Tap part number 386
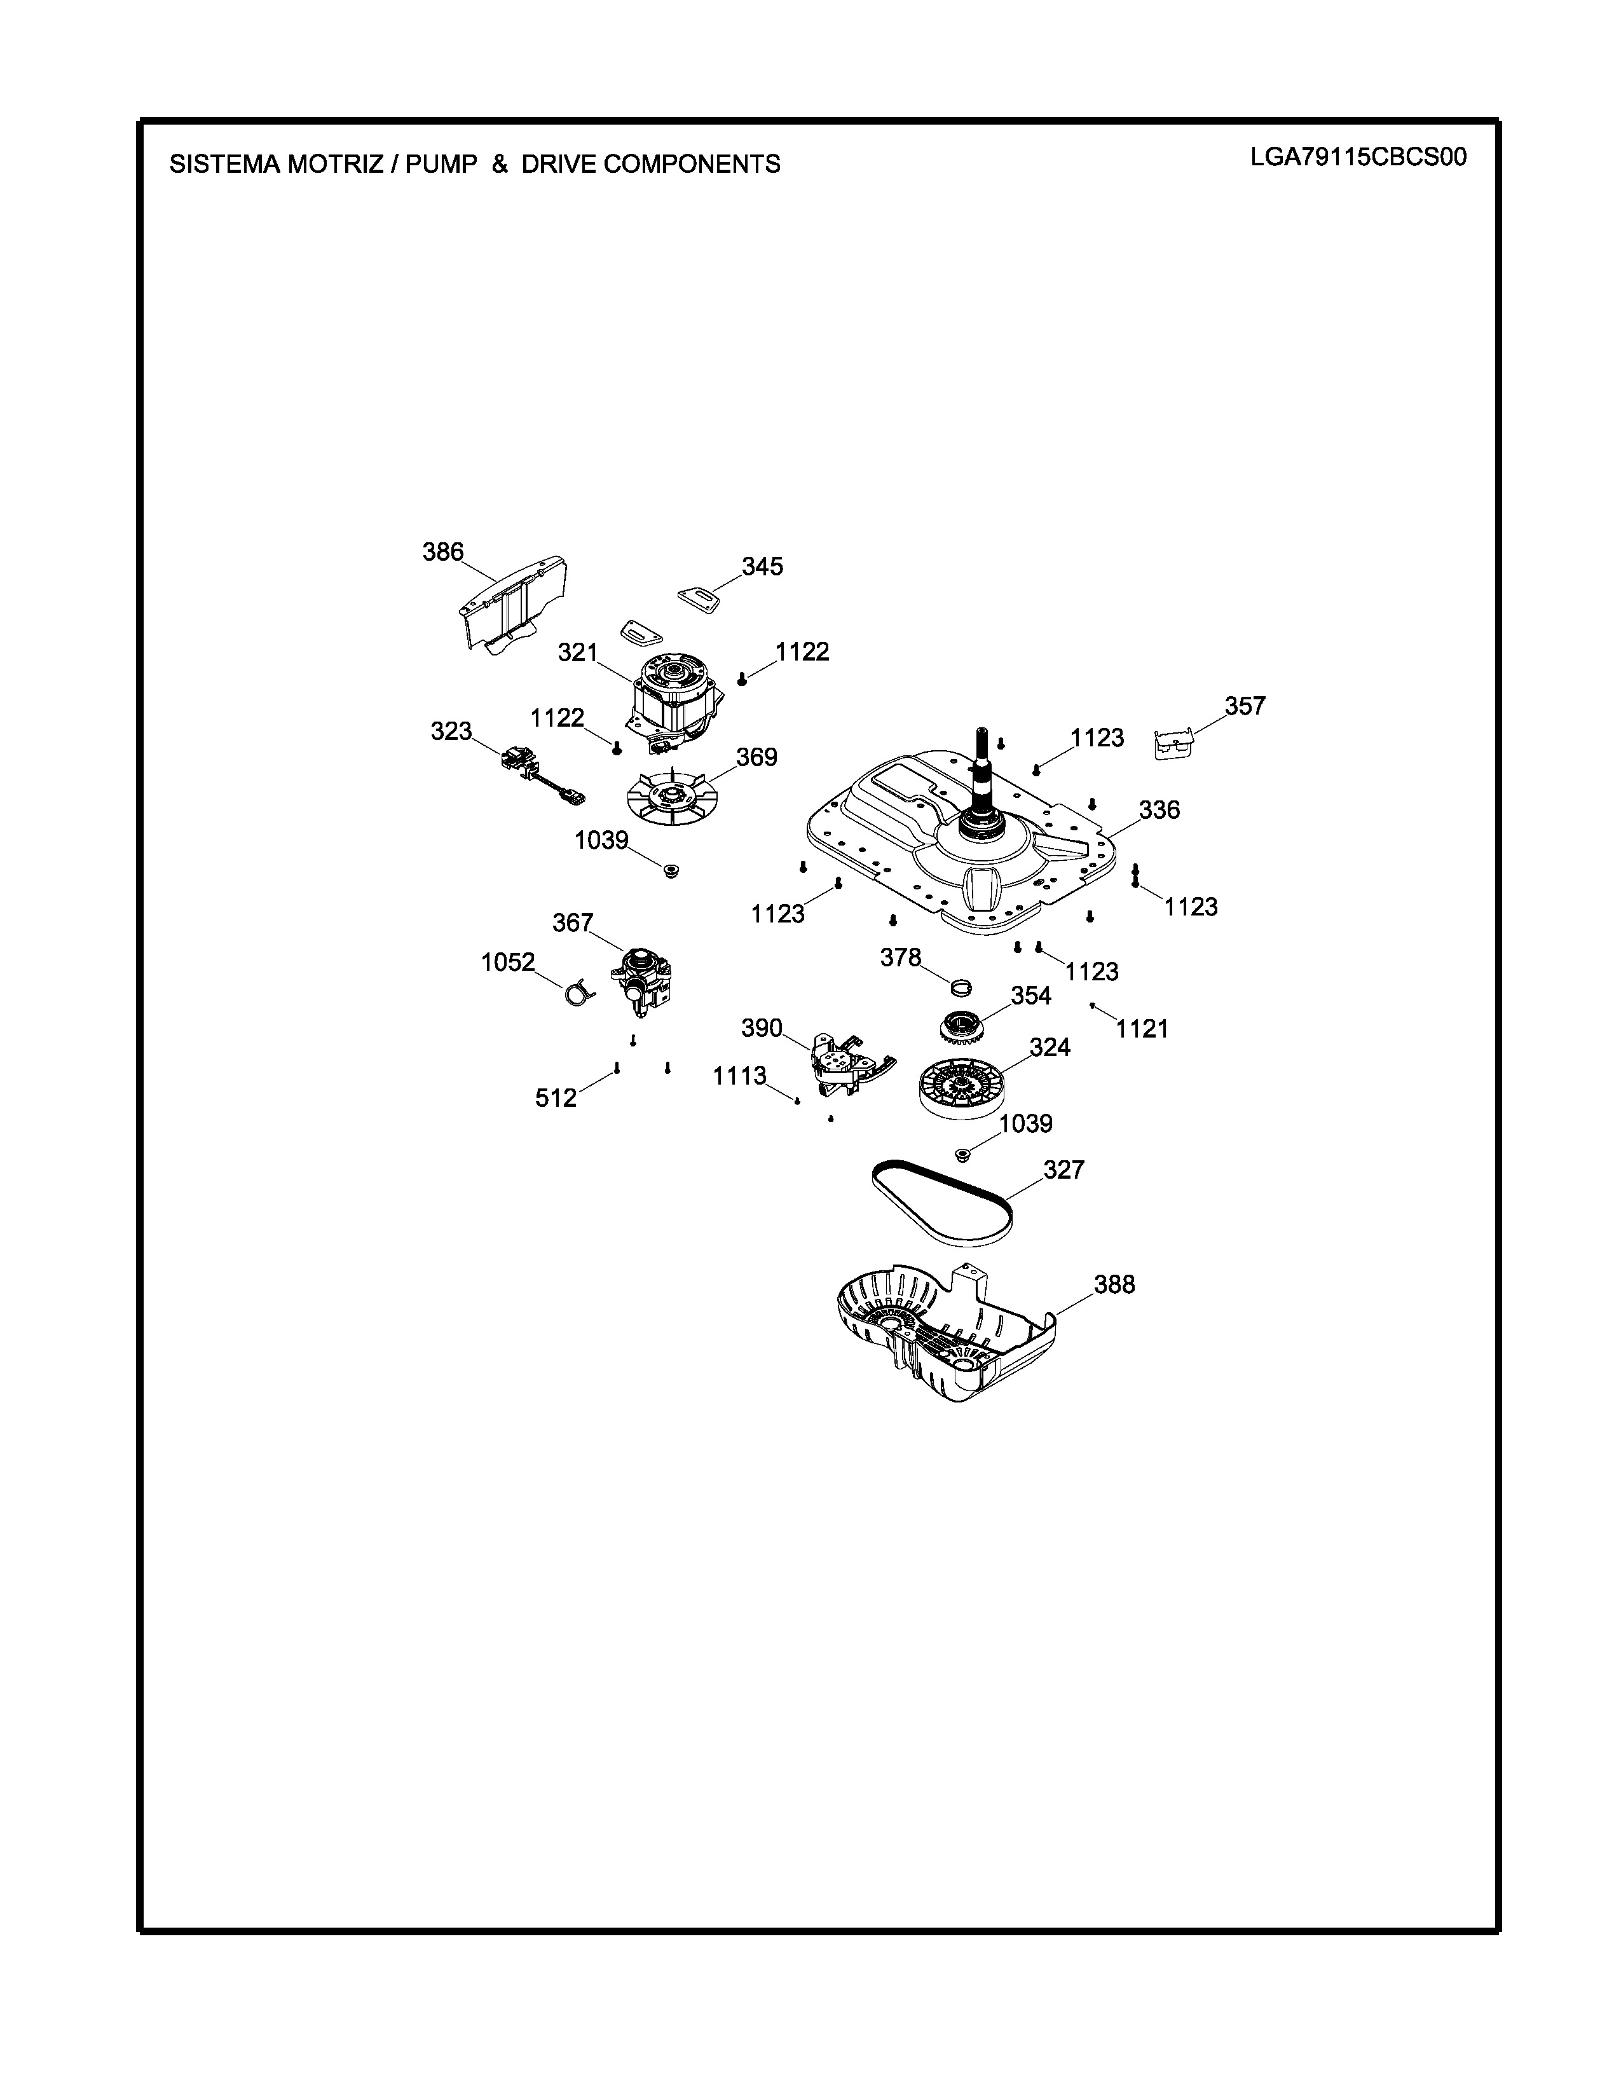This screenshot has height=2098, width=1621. click(x=442, y=552)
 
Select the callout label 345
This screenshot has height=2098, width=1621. click(x=762, y=566)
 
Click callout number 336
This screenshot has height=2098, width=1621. click(x=1159, y=811)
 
